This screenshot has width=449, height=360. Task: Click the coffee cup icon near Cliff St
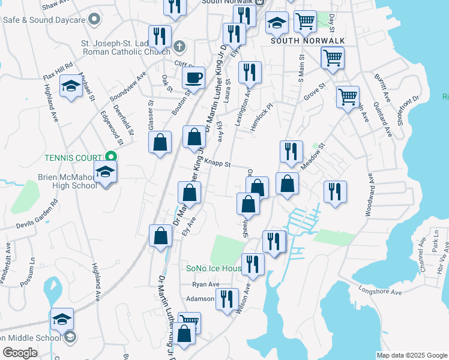click(193, 78)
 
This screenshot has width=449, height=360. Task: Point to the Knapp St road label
click(217, 162)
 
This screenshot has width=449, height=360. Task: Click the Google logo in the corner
click(20, 352)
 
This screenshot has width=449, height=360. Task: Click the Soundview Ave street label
click(128, 86)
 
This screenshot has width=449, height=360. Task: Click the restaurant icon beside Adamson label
click(227, 300)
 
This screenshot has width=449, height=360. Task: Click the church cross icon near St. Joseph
click(179, 46)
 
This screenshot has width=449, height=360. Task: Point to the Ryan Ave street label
click(206, 284)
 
